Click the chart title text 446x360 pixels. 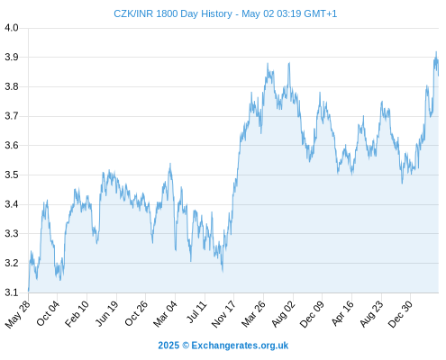[225, 13]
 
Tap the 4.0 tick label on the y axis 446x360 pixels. [12, 28]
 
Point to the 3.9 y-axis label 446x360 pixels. [12, 57]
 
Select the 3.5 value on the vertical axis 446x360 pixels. [12, 175]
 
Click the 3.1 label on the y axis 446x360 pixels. [12, 292]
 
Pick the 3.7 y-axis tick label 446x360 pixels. [12, 116]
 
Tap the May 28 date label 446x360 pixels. [18, 313]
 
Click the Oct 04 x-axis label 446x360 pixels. [48, 312]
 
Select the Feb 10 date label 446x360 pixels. [77, 313]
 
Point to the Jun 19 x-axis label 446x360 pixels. [107, 313]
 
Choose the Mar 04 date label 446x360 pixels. [165, 313]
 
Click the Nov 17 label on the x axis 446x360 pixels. [223, 313]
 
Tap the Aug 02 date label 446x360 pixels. [283, 313]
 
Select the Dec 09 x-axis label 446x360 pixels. [312, 313]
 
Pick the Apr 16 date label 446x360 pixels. [342, 313]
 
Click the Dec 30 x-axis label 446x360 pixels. [400, 313]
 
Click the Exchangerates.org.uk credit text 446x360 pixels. [240, 346]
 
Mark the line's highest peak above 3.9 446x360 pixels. [436, 51]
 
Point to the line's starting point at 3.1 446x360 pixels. [29, 291]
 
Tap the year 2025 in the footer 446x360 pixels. [168, 346]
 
